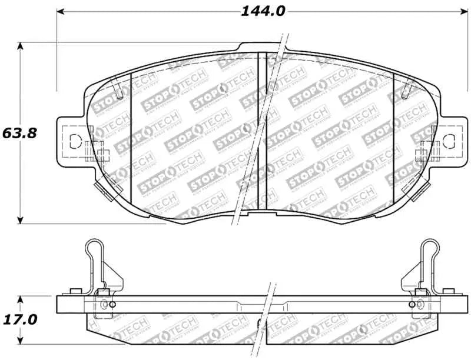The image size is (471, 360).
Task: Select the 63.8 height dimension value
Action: click(x=19, y=133)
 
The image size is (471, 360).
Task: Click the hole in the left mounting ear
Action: click(x=75, y=141)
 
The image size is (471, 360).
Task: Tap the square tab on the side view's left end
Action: click(x=74, y=291)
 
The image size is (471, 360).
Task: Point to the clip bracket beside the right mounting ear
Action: click(x=422, y=155)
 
